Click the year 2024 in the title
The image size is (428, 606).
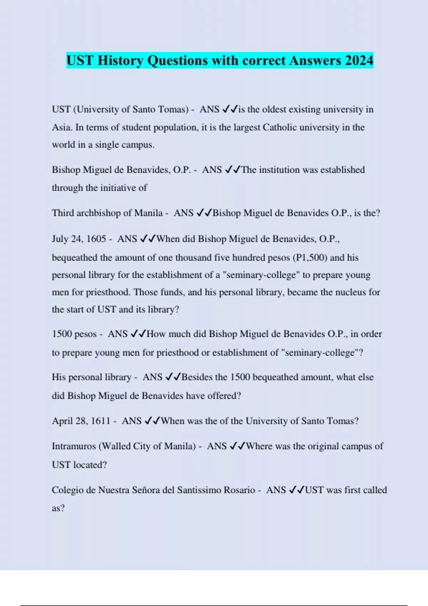click(x=359, y=61)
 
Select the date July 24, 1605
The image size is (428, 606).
click(x=79, y=239)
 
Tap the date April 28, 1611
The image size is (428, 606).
click(x=81, y=421)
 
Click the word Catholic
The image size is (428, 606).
click(x=279, y=128)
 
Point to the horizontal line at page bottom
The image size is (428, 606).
click(x=214, y=605)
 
